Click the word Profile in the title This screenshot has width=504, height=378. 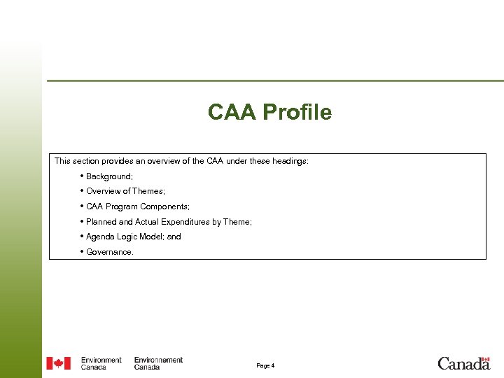click(x=297, y=112)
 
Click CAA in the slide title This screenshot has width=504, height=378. click(x=232, y=112)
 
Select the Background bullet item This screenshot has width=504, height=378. click(x=109, y=176)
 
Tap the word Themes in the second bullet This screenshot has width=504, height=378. click(x=149, y=191)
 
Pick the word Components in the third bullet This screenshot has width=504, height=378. click(x=164, y=206)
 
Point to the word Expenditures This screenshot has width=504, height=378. click(x=180, y=222)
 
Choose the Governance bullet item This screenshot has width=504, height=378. click(x=109, y=252)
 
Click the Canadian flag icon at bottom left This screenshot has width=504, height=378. click(x=59, y=363)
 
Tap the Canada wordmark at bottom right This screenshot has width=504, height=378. click(x=463, y=363)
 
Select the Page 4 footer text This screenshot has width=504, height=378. click(x=265, y=365)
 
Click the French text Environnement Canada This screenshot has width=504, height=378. click(x=158, y=363)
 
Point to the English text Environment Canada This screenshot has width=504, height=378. click(x=101, y=363)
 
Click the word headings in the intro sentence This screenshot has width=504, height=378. click(x=289, y=161)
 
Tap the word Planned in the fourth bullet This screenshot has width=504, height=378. click(x=101, y=222)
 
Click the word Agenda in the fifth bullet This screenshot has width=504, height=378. click(x=101, y=237)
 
